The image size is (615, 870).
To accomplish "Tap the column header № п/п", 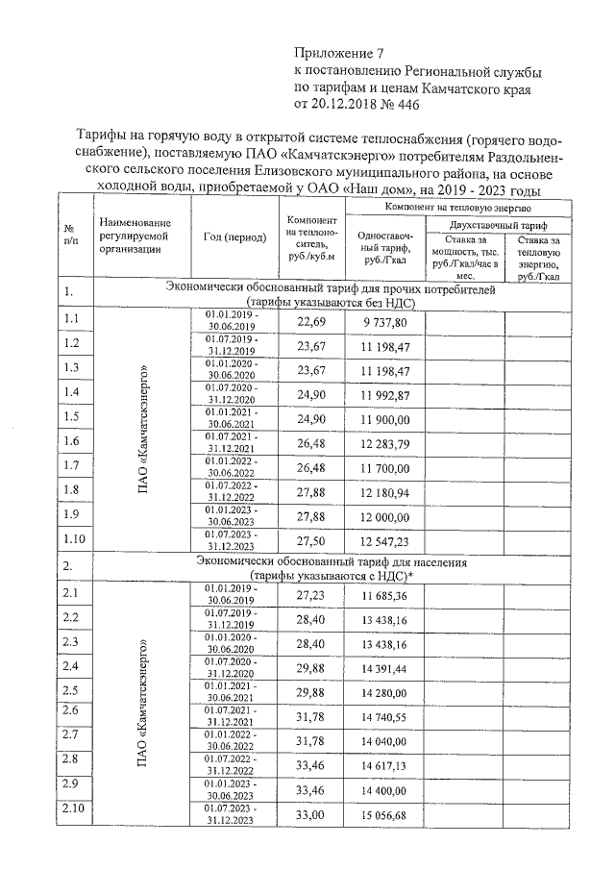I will point(70,236).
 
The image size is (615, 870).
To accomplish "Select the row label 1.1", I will point(71,318).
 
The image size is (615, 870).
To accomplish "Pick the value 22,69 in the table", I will point(312,321).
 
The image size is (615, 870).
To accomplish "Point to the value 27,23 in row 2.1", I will point(312,596).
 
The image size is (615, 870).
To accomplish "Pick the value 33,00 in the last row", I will point(312,815).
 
